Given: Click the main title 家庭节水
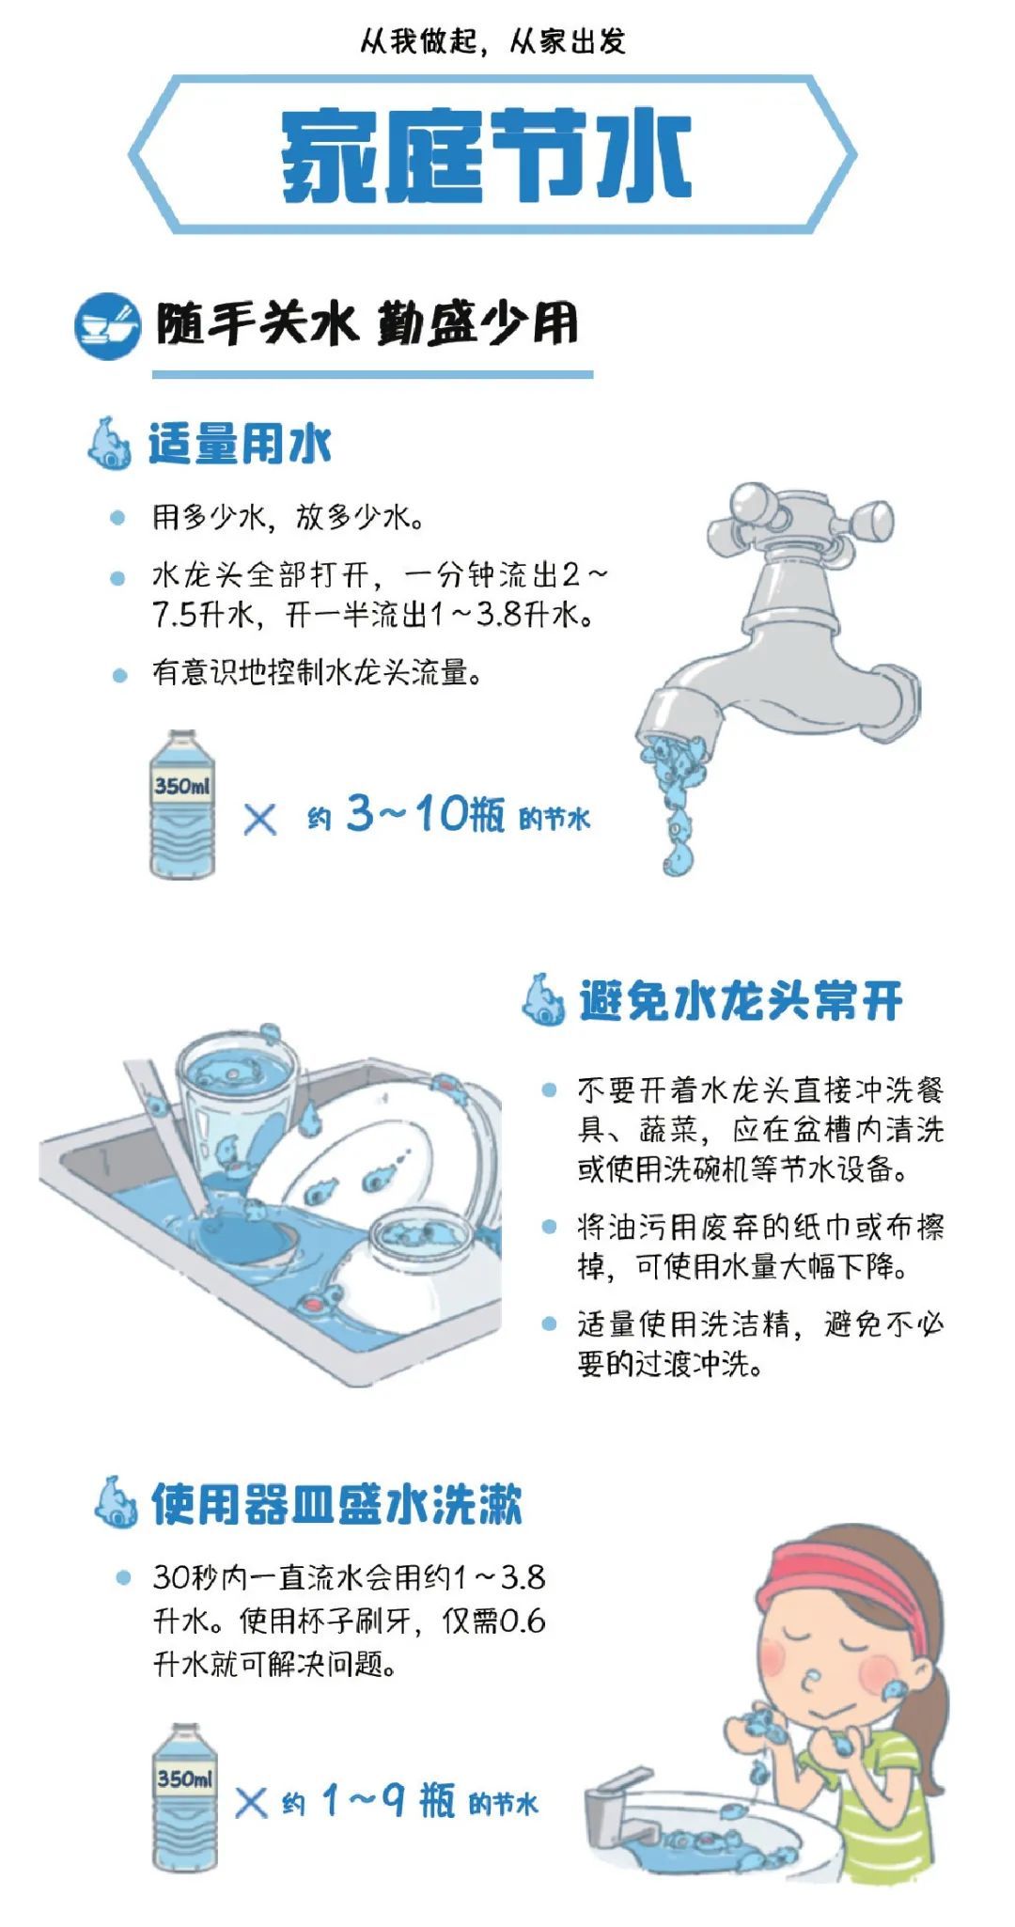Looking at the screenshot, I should pos(487,155).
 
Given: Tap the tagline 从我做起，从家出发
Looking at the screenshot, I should pos(492,41).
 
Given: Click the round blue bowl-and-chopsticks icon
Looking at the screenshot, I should pos(106,326).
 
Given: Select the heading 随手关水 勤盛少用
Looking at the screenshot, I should pos(367,325).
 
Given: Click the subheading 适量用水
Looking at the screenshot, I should pos(240,444).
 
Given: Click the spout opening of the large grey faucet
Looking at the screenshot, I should pos(669,724).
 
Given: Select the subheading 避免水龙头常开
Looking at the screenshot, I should pos(741,1000).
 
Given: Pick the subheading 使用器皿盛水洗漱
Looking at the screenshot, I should pos(336,1504).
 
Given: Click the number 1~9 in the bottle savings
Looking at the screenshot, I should pos(363,1801).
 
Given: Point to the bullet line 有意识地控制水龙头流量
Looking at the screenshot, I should pos(318,673).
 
